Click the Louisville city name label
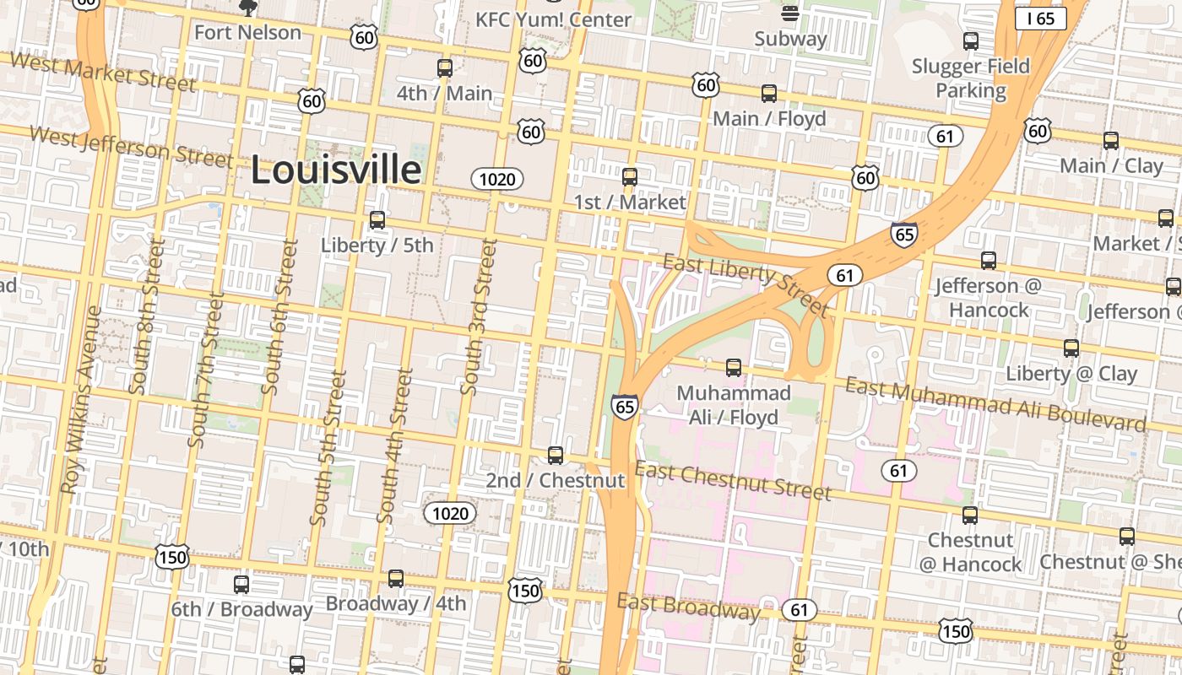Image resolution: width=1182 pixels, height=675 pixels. tap(336, 170)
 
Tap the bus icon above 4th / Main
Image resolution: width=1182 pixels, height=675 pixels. tap(444, 68)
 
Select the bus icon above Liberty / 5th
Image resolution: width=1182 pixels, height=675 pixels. tap(377, 220)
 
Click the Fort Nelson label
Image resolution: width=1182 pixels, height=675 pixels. tap(247, 33)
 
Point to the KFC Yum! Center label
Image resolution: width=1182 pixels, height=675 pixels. tap(553, 19)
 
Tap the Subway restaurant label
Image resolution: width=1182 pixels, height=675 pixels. tap(790, 39)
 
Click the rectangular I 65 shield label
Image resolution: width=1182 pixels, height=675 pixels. tap(1040, 19)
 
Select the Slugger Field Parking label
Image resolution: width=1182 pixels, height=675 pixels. tap(971, 78)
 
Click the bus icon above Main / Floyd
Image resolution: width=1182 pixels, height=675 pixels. tap(768, 94)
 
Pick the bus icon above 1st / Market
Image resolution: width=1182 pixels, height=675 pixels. tap(630, 177)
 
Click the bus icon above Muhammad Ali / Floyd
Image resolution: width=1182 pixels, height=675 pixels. tap(734, 368)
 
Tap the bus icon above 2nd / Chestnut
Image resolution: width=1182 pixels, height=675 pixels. tap(556, 456)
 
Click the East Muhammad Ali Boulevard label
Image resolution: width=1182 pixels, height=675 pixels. tap(996, 403)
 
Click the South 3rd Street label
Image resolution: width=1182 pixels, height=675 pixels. tap(479, 316)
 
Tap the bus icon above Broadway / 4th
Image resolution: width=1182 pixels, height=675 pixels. tap(396, 579)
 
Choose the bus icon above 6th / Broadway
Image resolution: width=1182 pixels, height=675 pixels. tap(241, 584)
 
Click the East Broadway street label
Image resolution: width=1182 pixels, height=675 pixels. tap(688, 606)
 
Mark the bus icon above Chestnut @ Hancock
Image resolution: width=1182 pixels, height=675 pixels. tap(970, 515)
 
